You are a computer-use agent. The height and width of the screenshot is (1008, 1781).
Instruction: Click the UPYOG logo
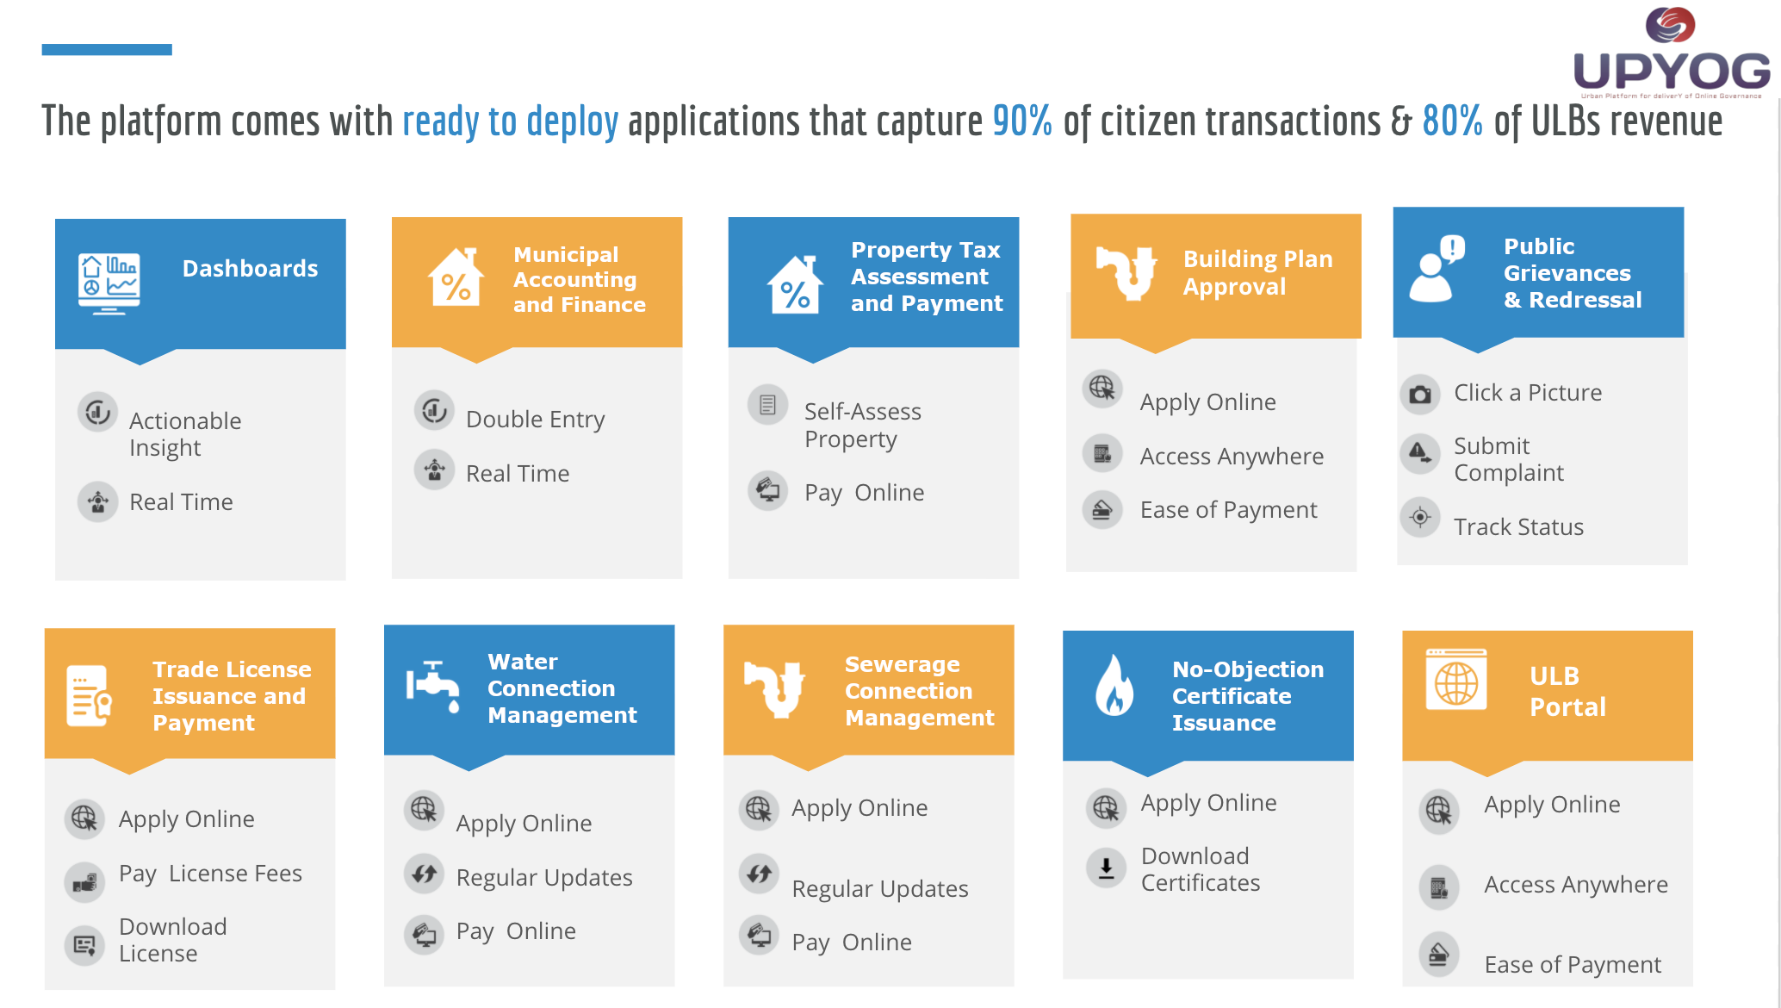(1671, 52)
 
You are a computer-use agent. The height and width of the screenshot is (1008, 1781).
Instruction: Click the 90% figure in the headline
(1022, 121)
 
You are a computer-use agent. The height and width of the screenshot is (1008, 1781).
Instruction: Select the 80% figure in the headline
(1452, 121)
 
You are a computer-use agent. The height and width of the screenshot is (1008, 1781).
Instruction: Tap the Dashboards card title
(250, 269)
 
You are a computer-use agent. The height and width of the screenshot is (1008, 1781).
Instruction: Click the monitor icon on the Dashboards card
(109, 283)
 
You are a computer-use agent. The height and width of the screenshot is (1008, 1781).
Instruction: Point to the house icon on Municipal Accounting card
(455, 277)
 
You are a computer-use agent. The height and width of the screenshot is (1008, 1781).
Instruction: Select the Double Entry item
(535, 420)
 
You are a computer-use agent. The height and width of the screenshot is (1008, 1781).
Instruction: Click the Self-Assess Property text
(862, 426)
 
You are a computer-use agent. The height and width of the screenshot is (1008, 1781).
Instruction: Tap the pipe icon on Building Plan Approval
(1126, 271)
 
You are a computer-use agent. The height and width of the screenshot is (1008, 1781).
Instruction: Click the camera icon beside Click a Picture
(1420, 395)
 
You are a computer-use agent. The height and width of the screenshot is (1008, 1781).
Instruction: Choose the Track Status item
(1518, 527)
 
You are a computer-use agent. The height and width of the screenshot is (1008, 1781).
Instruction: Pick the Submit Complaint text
(1508, 459)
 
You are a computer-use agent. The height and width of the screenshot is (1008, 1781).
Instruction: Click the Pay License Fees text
(210, 874)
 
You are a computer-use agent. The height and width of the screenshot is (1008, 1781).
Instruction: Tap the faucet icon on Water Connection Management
(433, 687)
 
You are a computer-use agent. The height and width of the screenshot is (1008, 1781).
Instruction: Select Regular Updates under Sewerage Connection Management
(879, 889)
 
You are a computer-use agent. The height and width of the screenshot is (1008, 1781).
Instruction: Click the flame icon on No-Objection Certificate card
(1114, 685)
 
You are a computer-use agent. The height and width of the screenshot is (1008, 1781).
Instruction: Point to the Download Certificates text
(1200, 869)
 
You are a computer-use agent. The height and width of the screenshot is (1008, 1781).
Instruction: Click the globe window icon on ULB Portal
(1455, 680)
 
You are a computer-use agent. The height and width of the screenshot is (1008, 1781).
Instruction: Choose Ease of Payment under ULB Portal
(1573, 965)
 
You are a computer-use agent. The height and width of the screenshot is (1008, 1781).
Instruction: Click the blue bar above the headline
(107, 50)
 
